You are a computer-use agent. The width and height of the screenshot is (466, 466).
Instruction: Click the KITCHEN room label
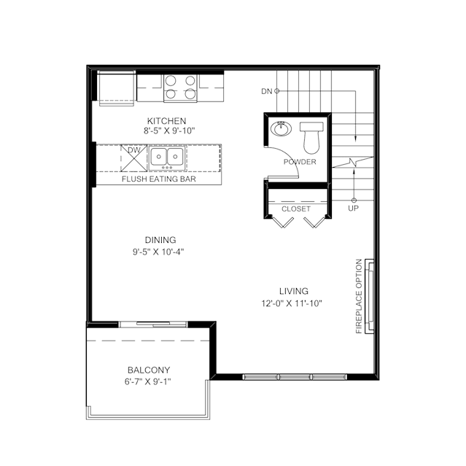[167, 121]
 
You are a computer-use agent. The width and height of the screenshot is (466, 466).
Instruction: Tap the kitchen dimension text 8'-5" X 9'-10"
[169, 131]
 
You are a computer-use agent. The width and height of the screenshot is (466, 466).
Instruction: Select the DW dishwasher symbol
[133, 158]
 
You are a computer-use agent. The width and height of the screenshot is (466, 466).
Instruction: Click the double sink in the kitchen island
[167, 158]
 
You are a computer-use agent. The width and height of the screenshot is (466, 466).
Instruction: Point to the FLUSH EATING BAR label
[159, 179]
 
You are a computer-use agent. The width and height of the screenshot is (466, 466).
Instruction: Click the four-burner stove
[180, 87]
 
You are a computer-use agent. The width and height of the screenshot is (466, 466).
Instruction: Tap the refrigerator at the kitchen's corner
[117, 88]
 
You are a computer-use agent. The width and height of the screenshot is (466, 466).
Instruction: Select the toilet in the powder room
[311, 138]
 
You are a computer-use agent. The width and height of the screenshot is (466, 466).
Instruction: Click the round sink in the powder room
[281, 128]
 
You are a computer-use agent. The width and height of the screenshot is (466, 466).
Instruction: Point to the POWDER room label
[300, 162]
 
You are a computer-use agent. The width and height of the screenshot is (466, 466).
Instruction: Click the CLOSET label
[296, 209]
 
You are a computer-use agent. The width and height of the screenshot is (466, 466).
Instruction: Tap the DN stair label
[267, 91]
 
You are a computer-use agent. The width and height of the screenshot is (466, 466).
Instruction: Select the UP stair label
[354, 209]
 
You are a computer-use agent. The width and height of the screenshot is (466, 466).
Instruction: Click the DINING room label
[160, 240]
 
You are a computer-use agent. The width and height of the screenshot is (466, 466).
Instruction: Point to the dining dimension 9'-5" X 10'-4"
[158, 252]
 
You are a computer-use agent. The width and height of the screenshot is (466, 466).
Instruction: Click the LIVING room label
[294, 291]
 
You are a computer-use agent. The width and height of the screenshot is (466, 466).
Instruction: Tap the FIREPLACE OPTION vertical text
[359, 296]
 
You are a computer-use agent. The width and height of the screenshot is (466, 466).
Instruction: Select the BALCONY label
[149, 370]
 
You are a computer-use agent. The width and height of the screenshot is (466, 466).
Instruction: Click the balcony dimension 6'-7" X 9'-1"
[148, 381]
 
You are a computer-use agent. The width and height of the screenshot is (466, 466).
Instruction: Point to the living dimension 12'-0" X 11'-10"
[292, 303]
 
